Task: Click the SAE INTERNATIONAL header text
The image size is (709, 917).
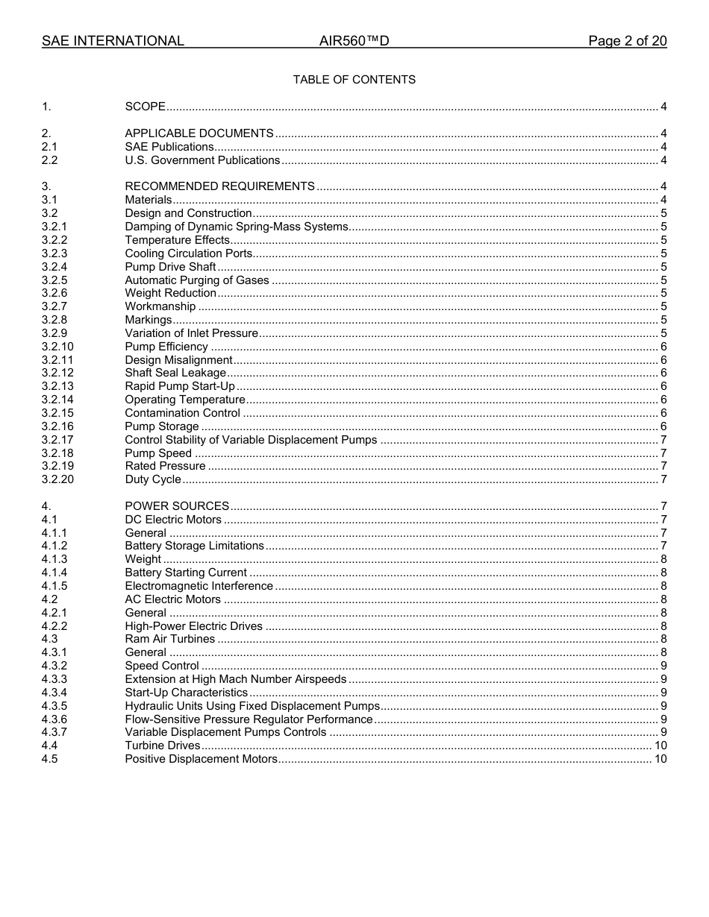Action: (113, 41)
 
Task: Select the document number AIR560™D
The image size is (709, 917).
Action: (354, 41)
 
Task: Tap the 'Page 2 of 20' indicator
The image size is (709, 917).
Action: (627, 41)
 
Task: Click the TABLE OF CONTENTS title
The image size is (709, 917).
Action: (354, 80)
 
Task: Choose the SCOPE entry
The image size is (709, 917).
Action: (145, 107)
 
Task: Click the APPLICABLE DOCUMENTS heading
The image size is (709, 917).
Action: (199, 133)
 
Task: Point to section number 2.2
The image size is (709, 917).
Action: (49, 160)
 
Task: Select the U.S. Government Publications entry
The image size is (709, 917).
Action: (202, 160)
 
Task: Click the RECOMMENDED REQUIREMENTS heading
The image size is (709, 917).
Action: (219, 186)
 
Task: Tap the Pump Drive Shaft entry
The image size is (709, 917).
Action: (170, 267)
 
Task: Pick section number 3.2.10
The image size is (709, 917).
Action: (57, 347)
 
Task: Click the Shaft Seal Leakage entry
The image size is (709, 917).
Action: (175, 373)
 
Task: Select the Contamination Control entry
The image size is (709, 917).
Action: (182, 413)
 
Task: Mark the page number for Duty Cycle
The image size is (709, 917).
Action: (663, 479)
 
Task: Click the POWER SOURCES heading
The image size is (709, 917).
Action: (177, 506)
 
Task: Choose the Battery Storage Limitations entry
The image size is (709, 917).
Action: (194, 546)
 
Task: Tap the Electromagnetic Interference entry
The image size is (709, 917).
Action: (199, 586)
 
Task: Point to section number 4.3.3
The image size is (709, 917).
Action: (54, 679)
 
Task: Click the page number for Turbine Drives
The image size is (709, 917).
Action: (660, 746)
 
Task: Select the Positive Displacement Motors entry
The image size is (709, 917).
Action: (201, 759)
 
